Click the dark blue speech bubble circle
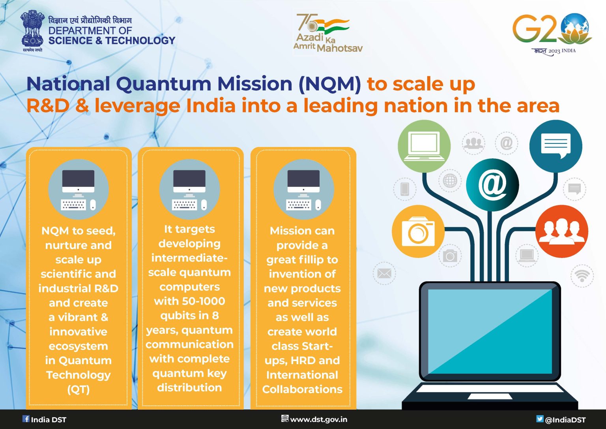click(x=555, y=146)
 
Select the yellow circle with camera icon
click(x=418, y=231)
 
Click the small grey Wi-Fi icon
click(x=582, y=275)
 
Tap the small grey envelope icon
click(x=384, y=273)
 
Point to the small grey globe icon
click(x=450, y=181)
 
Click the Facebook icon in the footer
click(x=26, y=419)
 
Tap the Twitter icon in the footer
click(x=540, y=419)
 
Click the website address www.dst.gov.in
click(x=319, y=420)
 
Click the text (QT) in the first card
click(x=79, y=389)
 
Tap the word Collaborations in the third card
click(x=302, y=389)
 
